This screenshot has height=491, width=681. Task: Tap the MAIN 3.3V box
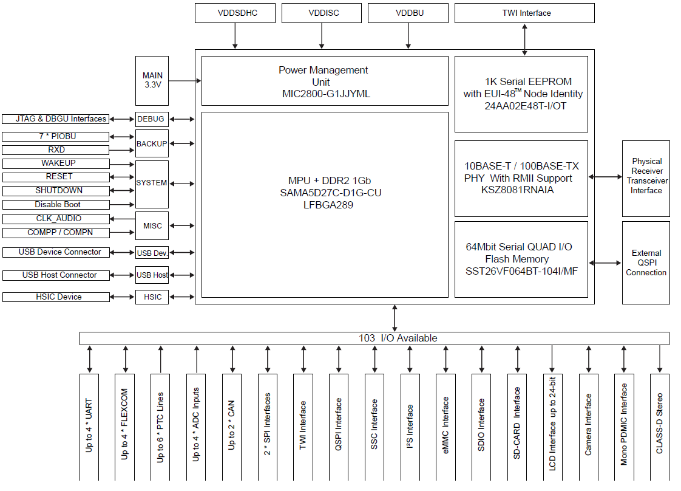click(153, 80)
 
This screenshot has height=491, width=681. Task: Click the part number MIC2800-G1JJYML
click(326, 94)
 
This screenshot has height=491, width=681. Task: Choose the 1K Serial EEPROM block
click(521, 94)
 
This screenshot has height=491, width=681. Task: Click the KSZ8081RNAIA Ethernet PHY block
click(521, 178)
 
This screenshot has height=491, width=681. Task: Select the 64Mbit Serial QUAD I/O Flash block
click(521, 259)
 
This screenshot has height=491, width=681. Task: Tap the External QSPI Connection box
click(646, 263)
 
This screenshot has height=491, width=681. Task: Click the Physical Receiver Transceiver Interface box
click(646, 176)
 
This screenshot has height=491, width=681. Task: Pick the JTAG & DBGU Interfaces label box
click(56, 119)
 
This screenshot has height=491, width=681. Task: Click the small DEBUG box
click(151, 119)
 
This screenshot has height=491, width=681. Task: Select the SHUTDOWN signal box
click(56, 191)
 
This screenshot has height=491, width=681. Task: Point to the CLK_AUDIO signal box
click(56, 219)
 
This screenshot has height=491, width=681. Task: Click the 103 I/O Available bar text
click(398, 338)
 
